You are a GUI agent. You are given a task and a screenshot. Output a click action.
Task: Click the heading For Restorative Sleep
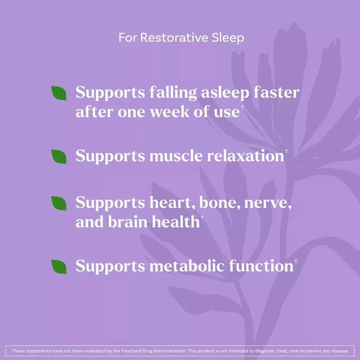pos(181,38)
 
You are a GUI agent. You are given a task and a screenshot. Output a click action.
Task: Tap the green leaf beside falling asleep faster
pos(59,93)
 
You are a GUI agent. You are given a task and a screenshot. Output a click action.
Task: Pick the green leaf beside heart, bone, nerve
pos(59,203)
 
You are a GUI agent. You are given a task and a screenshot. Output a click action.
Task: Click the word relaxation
pos(245,156)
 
